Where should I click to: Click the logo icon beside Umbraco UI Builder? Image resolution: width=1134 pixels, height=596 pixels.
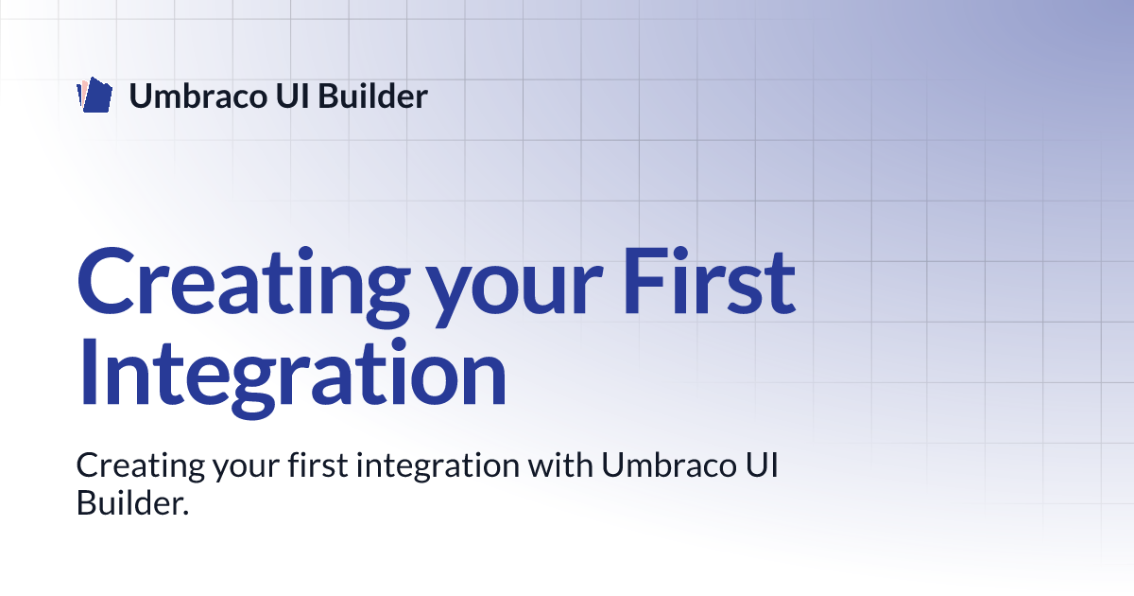point(94,95)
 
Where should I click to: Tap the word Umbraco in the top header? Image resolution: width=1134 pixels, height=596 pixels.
point(198,96)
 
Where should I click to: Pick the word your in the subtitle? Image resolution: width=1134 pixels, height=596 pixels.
point(246,470)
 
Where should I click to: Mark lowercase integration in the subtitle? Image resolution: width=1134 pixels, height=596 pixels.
point(438,467)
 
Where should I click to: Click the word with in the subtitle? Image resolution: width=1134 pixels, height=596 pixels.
point(560,465)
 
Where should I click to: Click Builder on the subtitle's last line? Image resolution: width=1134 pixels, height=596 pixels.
point(129,502)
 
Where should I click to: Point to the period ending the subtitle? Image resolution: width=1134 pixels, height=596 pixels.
point(185,513)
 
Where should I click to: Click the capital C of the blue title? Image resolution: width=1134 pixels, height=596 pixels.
point(106,281)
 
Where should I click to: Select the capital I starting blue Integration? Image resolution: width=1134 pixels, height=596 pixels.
point(89,372)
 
